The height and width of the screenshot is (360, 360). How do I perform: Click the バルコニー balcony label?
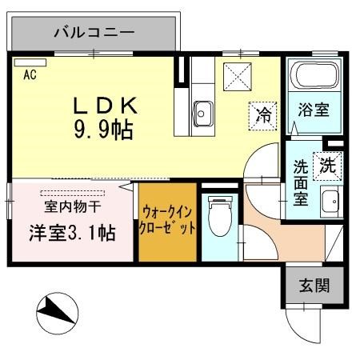click(93, 34)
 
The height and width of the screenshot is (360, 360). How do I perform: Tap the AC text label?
click(30, 76)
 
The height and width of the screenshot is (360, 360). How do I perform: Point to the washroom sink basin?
click(329, 201)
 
